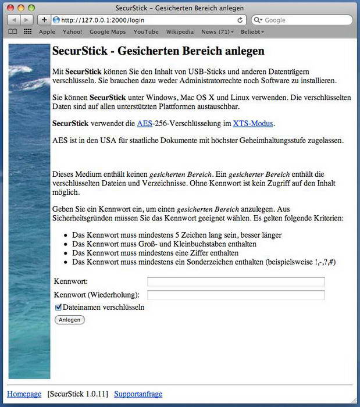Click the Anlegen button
(69, 320)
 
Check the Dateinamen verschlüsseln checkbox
(58, 307)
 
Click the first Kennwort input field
(236, 282)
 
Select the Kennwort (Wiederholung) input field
(236, 295)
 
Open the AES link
(144, 123)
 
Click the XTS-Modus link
(253, 123)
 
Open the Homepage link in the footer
(24, 394)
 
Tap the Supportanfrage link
(138, 394)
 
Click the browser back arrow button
(13, 20)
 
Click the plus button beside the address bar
(44, 20)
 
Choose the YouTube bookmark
(145, 32)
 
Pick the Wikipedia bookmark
(180, 32)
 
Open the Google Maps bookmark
(108, 32)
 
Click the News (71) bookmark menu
(217, 32)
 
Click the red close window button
(9, 8)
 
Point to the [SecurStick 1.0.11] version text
(78, 394)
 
